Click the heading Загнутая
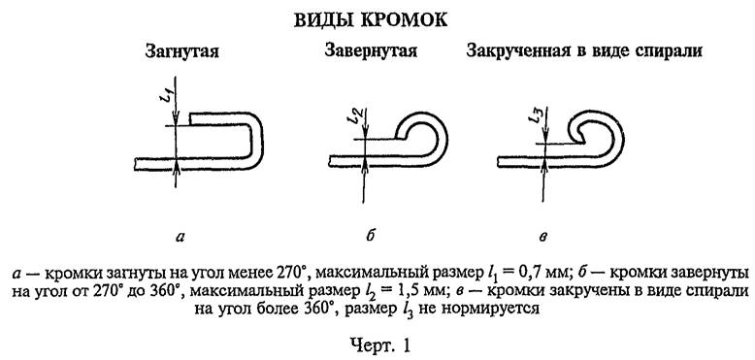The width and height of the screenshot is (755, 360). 181,49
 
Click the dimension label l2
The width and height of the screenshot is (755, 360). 354,115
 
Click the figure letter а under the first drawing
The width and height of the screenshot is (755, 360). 178,235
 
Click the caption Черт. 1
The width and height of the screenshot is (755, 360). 377,341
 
